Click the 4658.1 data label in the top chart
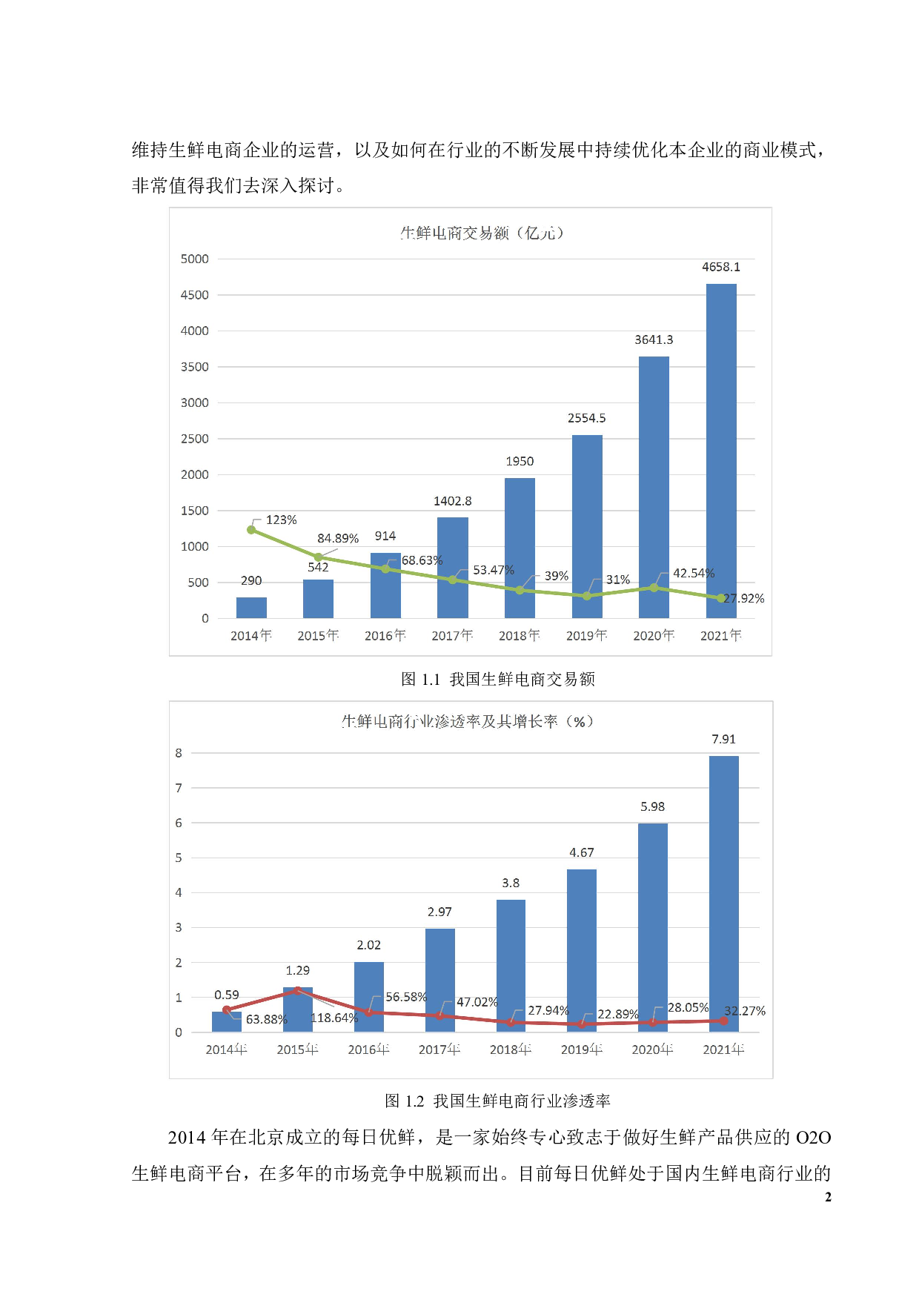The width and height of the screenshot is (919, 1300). point(720,267)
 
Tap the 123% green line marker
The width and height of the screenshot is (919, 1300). point(251,530)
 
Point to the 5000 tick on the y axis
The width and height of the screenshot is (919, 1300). point(195,259)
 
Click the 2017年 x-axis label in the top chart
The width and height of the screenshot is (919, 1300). point(452,635)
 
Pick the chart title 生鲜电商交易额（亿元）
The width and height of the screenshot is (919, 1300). point(482,233)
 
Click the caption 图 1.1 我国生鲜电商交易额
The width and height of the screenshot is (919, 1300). point(497,679)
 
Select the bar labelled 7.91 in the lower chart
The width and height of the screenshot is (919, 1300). point(723,893)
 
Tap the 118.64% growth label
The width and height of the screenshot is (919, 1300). point(334,1018)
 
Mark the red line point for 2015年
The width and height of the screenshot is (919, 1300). point(297,990)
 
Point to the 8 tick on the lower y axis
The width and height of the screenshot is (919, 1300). point(179,753)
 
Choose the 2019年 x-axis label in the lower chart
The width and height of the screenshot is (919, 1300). point(581,1049)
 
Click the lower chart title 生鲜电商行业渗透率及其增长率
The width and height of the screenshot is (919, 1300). point(467,721)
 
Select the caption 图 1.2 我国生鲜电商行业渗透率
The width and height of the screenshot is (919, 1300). point(497,1101)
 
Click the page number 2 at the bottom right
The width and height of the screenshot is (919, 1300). point(828,1196)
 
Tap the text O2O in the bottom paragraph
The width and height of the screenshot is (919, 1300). point(813,1137)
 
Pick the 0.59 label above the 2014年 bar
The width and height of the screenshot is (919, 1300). point(227,995)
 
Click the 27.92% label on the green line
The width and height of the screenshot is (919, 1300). point(744,598)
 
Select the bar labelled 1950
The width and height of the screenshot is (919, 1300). point(520,548)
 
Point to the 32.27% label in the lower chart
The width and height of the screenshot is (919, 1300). point(745,1011)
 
